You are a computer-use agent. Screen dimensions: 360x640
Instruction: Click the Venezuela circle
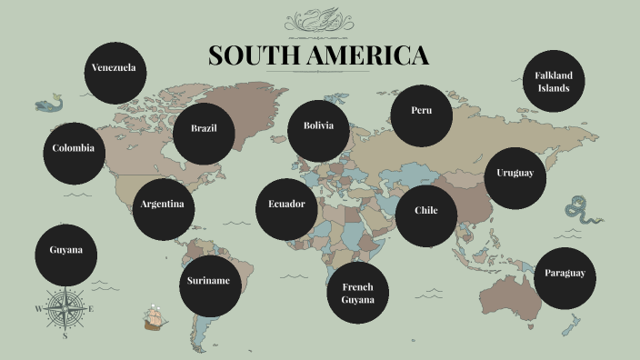115,69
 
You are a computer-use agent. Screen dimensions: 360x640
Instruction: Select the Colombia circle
74,149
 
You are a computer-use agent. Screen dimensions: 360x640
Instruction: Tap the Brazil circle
204,129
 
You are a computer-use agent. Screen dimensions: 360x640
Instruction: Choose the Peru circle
421,112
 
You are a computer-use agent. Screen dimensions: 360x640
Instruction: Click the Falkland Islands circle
553,83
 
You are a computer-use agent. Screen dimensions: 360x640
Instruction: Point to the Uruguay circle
515,174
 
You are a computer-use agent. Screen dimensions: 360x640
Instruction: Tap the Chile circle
426,212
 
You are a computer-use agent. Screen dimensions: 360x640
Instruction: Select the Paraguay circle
565,274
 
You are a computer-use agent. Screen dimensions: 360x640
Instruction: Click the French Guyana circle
358,293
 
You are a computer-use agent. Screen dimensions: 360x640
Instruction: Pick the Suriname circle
209,282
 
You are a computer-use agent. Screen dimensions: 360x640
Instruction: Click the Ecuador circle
286,205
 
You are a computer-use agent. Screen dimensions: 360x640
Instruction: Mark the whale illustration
49,104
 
